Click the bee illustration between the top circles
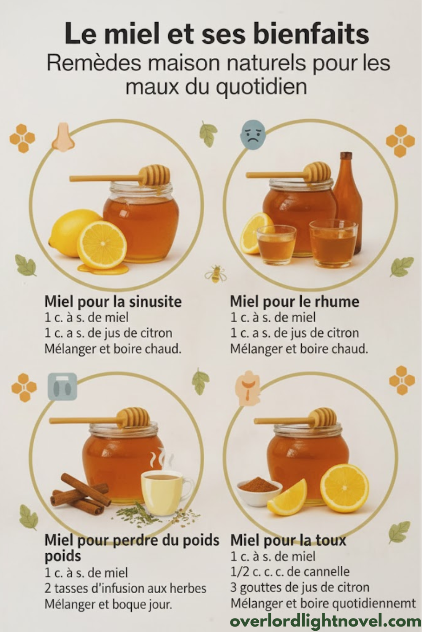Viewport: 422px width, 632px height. point(215,273)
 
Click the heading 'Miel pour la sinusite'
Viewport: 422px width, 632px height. point(113,302)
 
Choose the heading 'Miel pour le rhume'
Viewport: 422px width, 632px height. point(295,302)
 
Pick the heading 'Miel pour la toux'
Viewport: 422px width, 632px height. point(288,540)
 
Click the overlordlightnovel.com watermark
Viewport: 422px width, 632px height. point(325,621)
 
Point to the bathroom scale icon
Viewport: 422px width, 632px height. point(62,386)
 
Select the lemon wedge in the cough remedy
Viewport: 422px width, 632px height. point(287,498)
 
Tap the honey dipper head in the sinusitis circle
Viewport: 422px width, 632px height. point(156,174)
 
